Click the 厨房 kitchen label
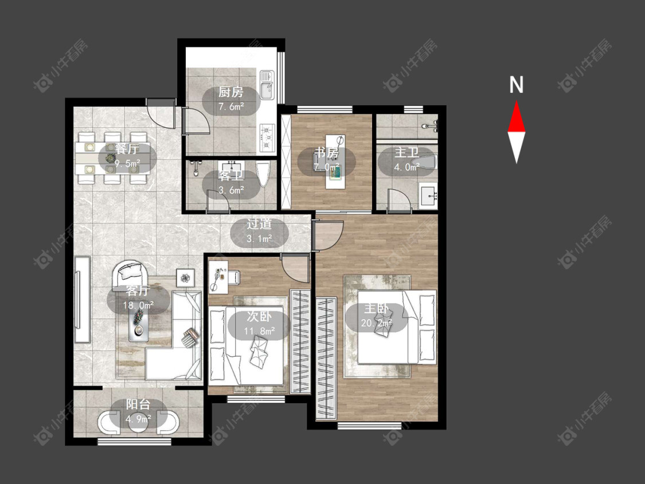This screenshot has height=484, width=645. tap(230, 92)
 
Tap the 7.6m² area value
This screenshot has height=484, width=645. tap(231, 107)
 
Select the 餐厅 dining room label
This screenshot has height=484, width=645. tap(127, 149)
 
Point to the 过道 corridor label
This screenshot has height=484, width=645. tap(259, 224)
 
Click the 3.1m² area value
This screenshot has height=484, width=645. tap(260, 239)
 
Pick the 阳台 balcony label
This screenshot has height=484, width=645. tap(138, 404)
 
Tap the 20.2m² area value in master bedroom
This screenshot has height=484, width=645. tap(376, 323)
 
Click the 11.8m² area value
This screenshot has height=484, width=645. tap(259, 331)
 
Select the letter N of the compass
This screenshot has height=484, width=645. tap(516, 85)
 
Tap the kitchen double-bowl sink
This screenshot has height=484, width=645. tap(267, 85)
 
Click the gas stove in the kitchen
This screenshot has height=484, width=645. tap(267, 138)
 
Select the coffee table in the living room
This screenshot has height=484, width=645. tap(139, 324)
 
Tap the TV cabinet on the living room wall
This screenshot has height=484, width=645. tap(82, 299)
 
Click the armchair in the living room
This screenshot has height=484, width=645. tap(130, 273)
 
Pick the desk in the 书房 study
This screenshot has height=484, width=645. tap(335, 161)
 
